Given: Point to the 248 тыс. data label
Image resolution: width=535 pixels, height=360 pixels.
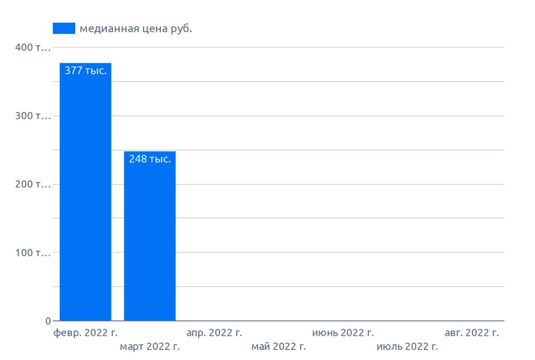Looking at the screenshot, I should click(x=150, y=159).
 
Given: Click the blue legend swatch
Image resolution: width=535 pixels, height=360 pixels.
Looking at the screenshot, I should click(x=64, y=29).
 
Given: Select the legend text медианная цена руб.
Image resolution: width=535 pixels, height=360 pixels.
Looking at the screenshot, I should click(x=136, y=29).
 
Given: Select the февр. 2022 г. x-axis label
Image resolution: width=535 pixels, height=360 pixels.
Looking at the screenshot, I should click(x=85, y=333).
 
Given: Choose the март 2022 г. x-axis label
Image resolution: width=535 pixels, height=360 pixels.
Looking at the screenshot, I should click(x=149, y=347).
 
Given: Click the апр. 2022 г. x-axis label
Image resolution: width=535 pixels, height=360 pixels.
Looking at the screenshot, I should click(x=214, y=333).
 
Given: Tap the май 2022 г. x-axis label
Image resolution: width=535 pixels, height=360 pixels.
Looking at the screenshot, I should click(x=279, y=347).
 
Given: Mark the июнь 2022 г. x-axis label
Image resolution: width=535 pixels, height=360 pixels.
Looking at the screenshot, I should click(x=343, y=333).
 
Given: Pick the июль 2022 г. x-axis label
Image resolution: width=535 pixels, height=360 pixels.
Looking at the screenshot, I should click(x=407, y=347).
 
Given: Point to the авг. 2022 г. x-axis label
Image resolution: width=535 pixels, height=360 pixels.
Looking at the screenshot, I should click(x=471, y=333).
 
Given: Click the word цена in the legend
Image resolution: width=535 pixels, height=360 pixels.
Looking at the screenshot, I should click(x=154, y=29).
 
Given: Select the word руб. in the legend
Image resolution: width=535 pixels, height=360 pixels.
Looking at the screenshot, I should click(x=182, y=29).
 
